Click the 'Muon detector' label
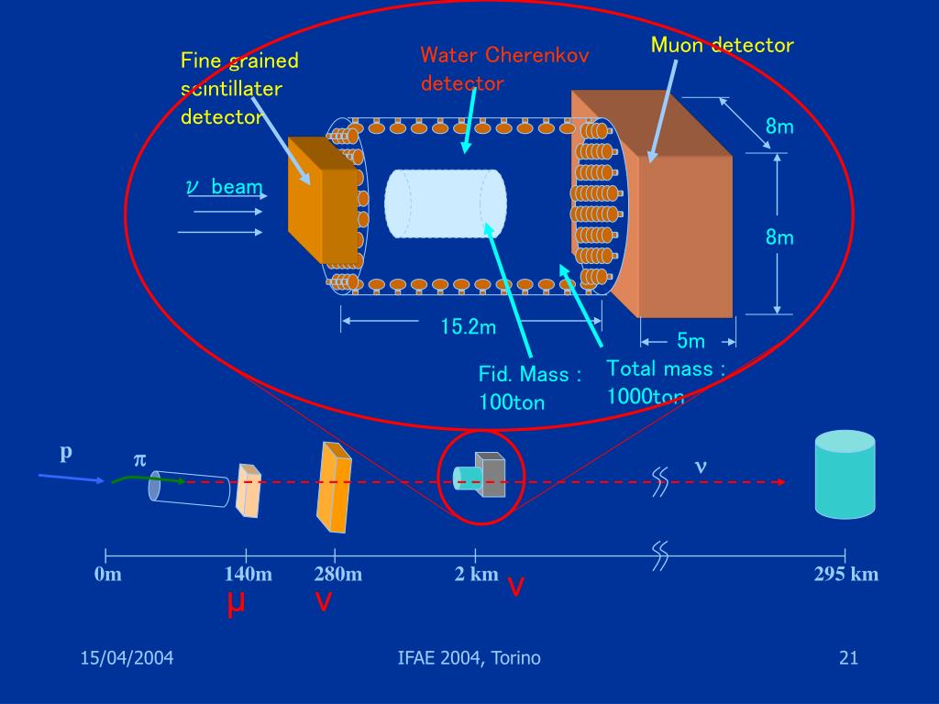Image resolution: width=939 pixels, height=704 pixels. [722, 45]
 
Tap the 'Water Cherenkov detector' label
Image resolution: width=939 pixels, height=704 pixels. [504, 69]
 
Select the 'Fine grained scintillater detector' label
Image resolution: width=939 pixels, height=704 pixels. [239, 89]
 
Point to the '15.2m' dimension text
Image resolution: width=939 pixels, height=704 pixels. [468, 325]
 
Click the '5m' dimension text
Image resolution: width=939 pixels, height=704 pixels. [690, 342]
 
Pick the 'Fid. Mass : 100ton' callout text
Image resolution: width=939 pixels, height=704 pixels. [530, 388]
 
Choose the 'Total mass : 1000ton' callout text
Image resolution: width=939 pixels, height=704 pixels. [666, 382]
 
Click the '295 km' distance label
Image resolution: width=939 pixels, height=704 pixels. [845, 575]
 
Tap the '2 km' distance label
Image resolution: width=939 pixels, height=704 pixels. [476, 575]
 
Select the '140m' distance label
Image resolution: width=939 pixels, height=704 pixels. [248, 575]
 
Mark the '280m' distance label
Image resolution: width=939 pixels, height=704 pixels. [337, 575]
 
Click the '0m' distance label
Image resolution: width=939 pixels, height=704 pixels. [107, 575]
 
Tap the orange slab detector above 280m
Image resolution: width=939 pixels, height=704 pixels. [333, 487]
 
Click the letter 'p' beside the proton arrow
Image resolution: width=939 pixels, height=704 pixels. [66, 454]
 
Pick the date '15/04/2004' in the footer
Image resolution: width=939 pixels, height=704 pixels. [127, 658]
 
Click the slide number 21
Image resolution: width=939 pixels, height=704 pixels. [847, 658]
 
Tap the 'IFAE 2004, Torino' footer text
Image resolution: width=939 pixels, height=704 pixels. [469, 658]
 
